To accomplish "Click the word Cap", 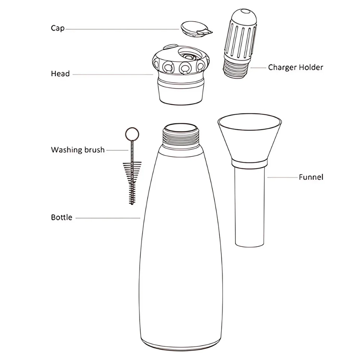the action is pos(58,28).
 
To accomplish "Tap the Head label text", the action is pos(60,74).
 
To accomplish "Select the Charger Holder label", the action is pos(296,68).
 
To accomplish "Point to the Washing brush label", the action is pos(78,150).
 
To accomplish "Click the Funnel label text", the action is pos(311,177).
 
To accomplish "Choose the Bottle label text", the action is pos(62,217).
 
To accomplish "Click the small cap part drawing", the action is pos(196,29).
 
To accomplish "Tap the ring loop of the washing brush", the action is pos(132,134).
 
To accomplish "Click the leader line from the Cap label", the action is pos(122,29).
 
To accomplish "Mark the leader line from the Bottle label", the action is pos(108,218).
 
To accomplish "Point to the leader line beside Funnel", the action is pos(282,177).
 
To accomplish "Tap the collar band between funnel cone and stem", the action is pos(249,163).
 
